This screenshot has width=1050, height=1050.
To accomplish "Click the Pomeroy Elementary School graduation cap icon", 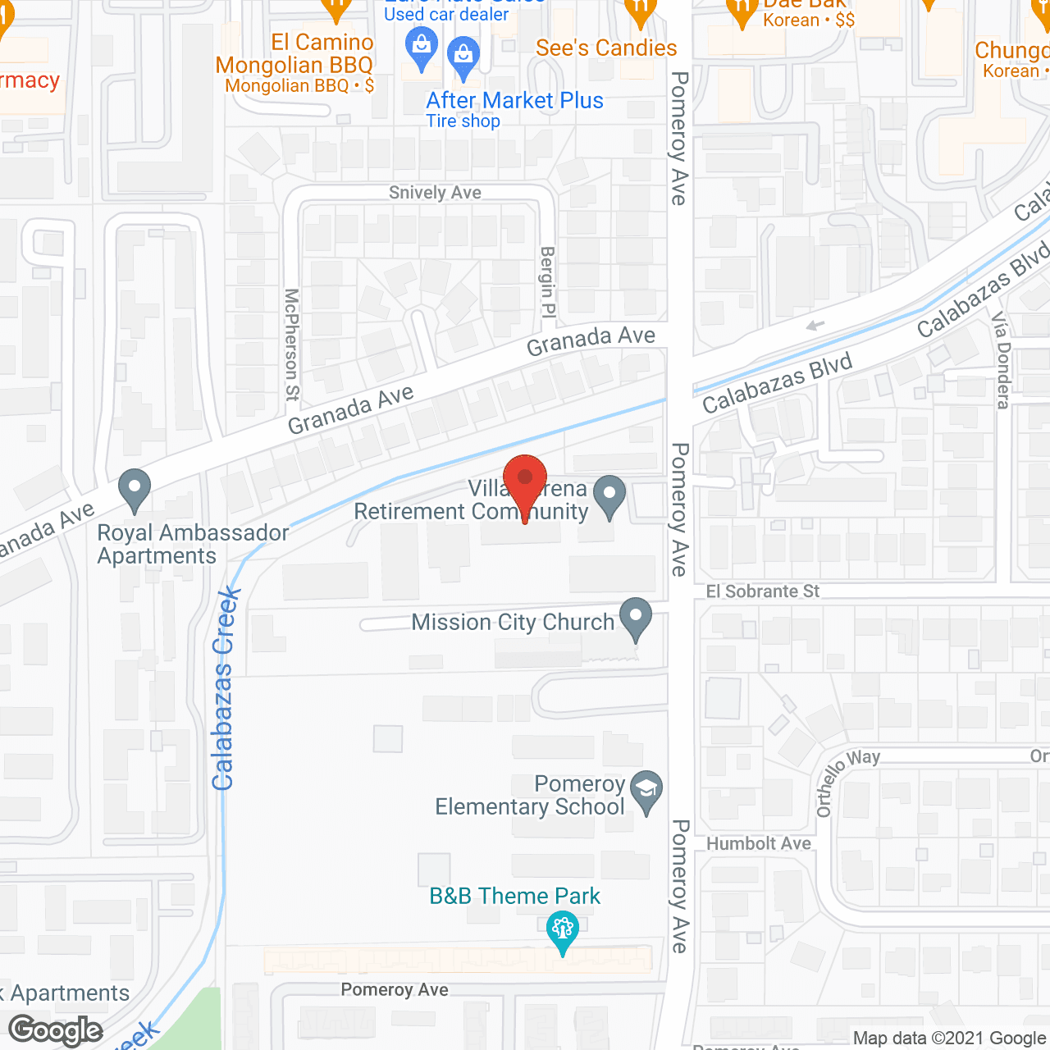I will tap(647, 791).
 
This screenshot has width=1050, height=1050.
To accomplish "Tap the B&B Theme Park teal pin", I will tap(563, 932).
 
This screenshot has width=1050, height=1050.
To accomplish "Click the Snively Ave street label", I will tap(435, 193).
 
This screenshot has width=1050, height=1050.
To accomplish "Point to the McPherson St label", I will tap(291, 345).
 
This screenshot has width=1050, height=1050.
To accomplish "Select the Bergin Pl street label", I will tap(547, 283).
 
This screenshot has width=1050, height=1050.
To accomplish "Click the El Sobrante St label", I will tap(763, 591).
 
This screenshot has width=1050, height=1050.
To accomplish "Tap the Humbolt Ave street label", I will tap(759, 844).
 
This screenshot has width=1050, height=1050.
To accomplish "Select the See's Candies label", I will tap(606, 48).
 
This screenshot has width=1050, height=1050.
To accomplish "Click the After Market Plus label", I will tap(514, 101).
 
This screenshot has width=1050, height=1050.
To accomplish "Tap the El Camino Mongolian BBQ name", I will tap(294, 54).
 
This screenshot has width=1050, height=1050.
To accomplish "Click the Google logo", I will tap(56, 1030).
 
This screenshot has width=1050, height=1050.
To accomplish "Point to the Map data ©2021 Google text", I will tap(949, 1039).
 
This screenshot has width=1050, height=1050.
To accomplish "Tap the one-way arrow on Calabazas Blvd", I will tap(815, 326).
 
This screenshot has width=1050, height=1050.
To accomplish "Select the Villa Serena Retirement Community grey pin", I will tap(609, 495).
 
